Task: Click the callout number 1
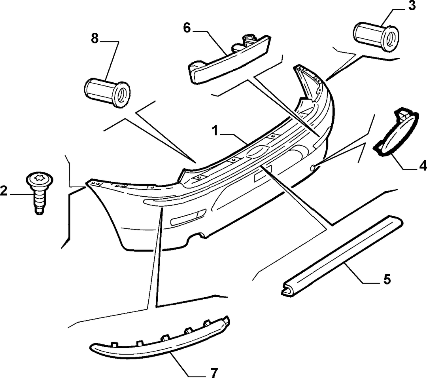(x=216, y=131)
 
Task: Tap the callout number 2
(x=4, y=191)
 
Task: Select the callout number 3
(x=412, y=6)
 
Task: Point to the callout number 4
(x=423, y=166)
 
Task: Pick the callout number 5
(x=387, y=279)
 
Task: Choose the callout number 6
(x=187, y=28)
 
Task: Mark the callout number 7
(x=214, y=372)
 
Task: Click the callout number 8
(x=94, y=39)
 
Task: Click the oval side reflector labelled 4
(x=395, y=132)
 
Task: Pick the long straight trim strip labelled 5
(x=342, y=255)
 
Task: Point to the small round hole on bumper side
(x=313, y=167)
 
